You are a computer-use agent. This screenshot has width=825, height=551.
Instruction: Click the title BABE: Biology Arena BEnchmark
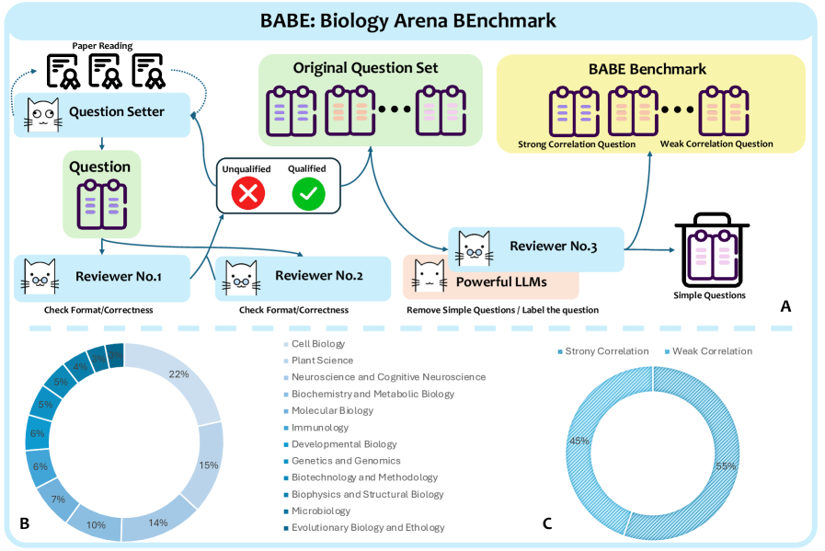click(x=411, y=19)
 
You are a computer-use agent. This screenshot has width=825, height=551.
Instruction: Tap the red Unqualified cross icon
click(x=249, y=193)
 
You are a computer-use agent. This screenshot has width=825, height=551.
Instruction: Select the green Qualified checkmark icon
click(x=307, y=193)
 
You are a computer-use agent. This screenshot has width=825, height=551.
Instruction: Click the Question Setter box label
click(x=116, y=112)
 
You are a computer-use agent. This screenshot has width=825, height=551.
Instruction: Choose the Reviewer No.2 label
click(x=318, y=276)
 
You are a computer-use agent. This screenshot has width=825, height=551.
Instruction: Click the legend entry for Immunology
click(x=320, y=428)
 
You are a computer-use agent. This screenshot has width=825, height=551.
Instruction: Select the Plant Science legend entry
click(x=322, y=361)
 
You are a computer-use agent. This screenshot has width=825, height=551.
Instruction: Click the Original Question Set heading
click(x=365, y=68)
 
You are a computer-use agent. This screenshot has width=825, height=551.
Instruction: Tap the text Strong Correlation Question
click(x=577, y=144)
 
